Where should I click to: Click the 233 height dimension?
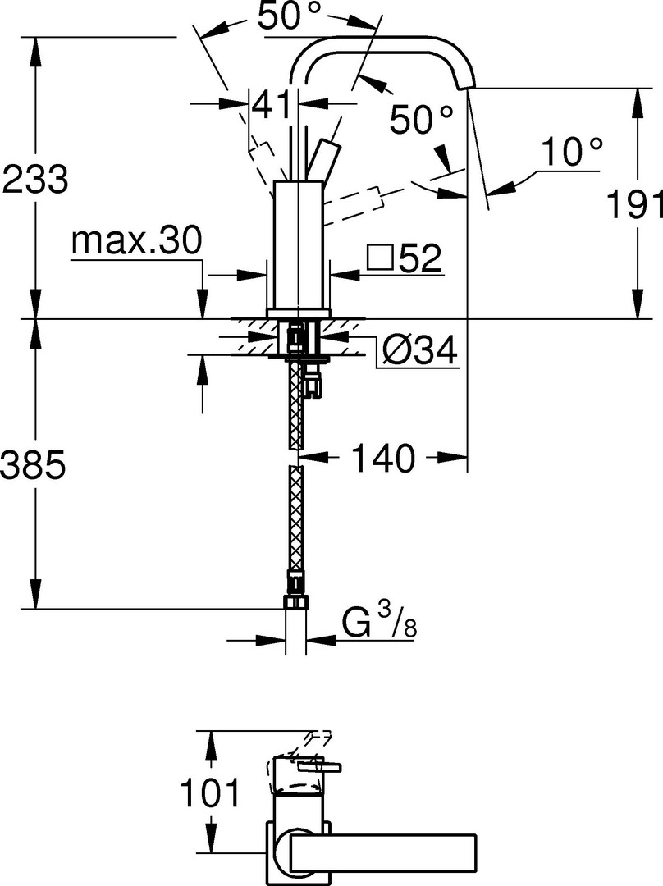[x=35, y=179]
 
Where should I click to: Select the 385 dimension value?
[x=34, y=465]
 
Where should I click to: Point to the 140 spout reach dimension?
[x=382, y=457]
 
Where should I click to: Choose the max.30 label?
[x=136, y=241]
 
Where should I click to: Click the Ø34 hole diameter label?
[x=418, y=352]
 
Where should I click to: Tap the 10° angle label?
[x=571, y=152]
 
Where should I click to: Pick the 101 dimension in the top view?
[x=210, y=792]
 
